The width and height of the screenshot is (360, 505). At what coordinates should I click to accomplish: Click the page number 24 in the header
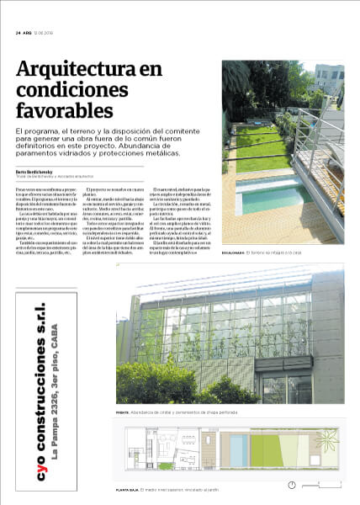pos(18,33)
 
